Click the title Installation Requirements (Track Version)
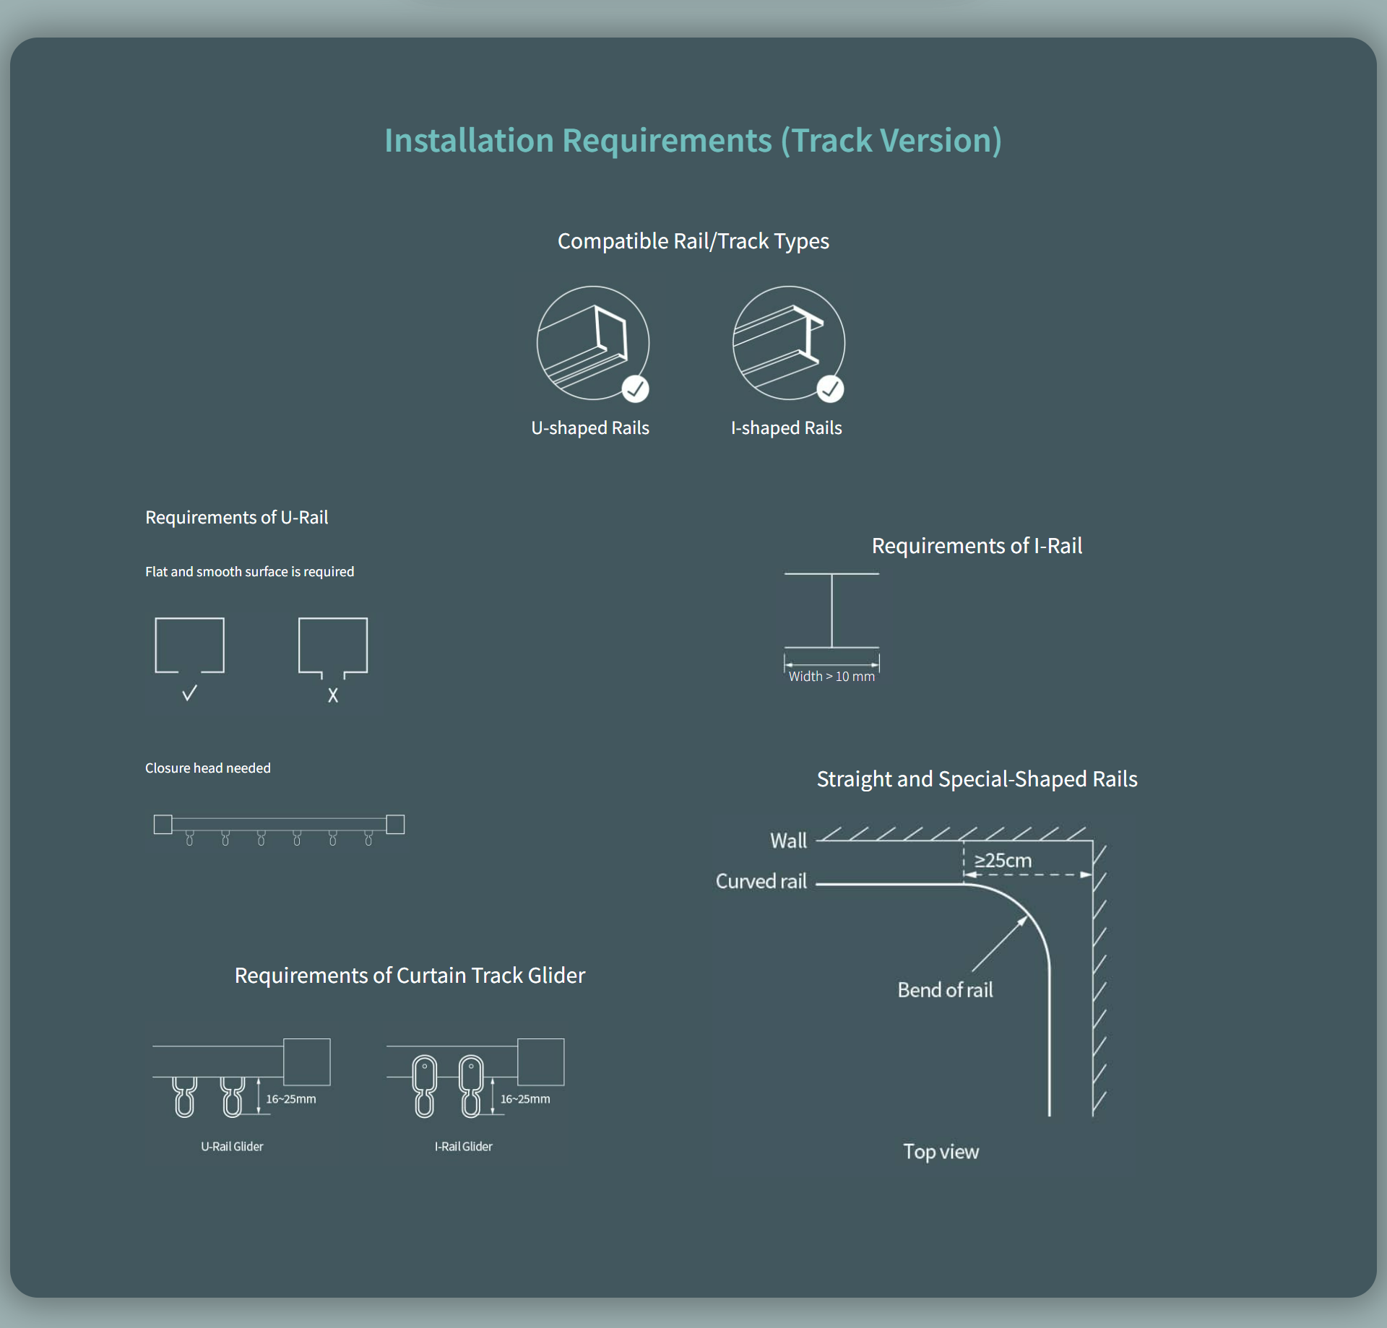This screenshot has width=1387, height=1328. pos(693,140)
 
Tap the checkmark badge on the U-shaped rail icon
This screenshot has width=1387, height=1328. pos(635,389)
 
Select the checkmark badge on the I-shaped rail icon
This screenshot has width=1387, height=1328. pos(830,389)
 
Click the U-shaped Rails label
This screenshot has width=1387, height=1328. pos(590,428)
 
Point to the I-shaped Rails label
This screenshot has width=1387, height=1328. pos(786,428)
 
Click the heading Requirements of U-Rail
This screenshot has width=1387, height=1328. pos(236,518)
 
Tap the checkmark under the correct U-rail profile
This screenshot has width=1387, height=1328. pos(189,694)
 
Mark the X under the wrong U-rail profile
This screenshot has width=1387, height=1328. pos(333,695)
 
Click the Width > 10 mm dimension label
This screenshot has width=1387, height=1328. pos(831,677)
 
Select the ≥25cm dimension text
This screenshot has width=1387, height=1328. pos(1003,861)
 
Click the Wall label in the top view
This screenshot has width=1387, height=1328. pos(788,841)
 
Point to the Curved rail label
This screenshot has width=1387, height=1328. pos(761,882)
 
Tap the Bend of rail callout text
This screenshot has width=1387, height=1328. pos(945,990)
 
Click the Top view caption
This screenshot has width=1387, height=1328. pos(941,1152)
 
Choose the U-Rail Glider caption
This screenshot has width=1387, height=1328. pos(232,1147)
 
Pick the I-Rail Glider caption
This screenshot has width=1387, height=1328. pos(463,1147)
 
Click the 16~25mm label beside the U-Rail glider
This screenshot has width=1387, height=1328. pos(290,1099)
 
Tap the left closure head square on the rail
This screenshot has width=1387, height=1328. pos(163,824)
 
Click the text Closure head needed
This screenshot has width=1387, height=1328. pos(208,768)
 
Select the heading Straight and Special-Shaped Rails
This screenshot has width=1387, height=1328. pos(977,779)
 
